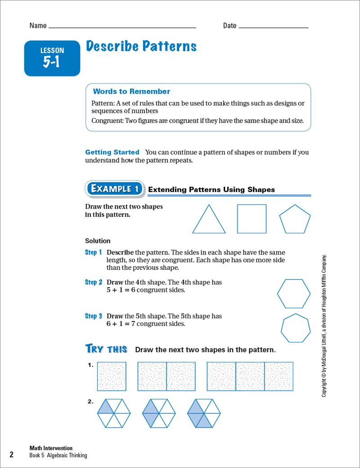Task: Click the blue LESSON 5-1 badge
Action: (x=52, y=58)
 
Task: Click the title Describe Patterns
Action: (x=141, y=47)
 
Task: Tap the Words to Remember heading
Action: (x=131, y=92)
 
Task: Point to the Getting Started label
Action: (x=112, y=152)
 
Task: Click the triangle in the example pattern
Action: (x=209, y=220)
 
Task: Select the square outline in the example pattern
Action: (x=252, y=219)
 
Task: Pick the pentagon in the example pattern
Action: (x=295, y=219)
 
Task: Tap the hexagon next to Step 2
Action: (x=293, y=294)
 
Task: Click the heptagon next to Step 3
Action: (x=296, y=328)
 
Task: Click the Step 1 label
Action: (x=94, y=253)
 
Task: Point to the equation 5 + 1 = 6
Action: (x=121, y=290)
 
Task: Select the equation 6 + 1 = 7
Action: (x=121, y=324)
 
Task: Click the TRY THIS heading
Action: (x=106, y=349)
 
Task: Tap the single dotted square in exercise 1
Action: (x=112, y=376)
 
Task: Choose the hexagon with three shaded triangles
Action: (x=204, y=413)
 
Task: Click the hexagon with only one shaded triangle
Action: (x=114, y=413)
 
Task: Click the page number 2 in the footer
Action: (x=12, y=455)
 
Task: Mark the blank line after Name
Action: (x=122, y=27)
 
